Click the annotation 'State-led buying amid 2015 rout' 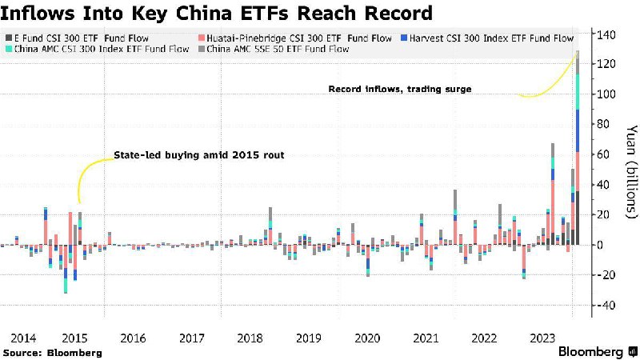click(199, 154)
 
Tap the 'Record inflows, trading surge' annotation click(400, 89)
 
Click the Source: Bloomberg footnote click(53, 352)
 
